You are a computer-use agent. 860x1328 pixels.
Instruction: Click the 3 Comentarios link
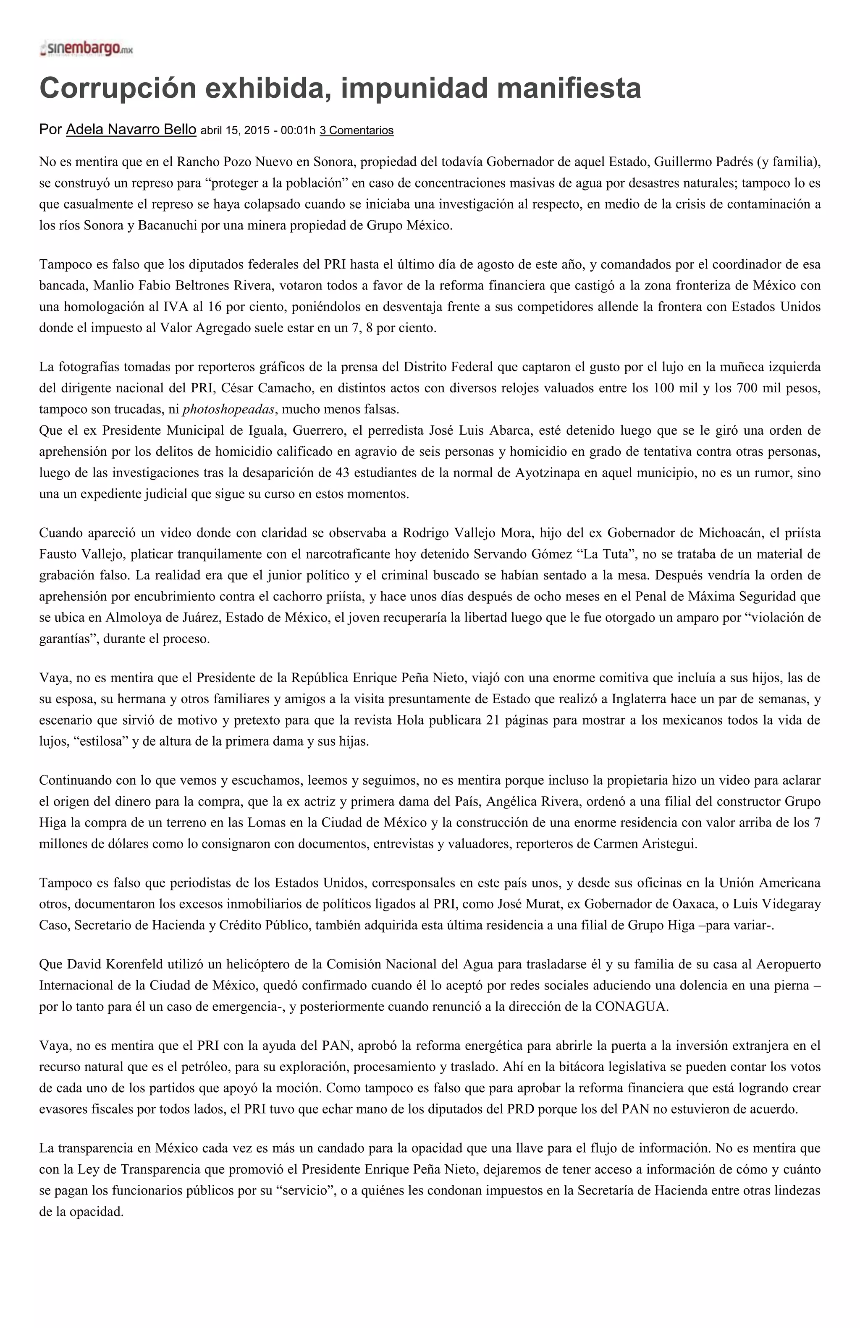356,130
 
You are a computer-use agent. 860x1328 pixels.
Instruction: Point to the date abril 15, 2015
235,130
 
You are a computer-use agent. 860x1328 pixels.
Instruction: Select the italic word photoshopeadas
228,410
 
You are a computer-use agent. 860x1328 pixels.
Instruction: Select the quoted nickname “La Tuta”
605,554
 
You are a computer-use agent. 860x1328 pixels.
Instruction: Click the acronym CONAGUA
631,1007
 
